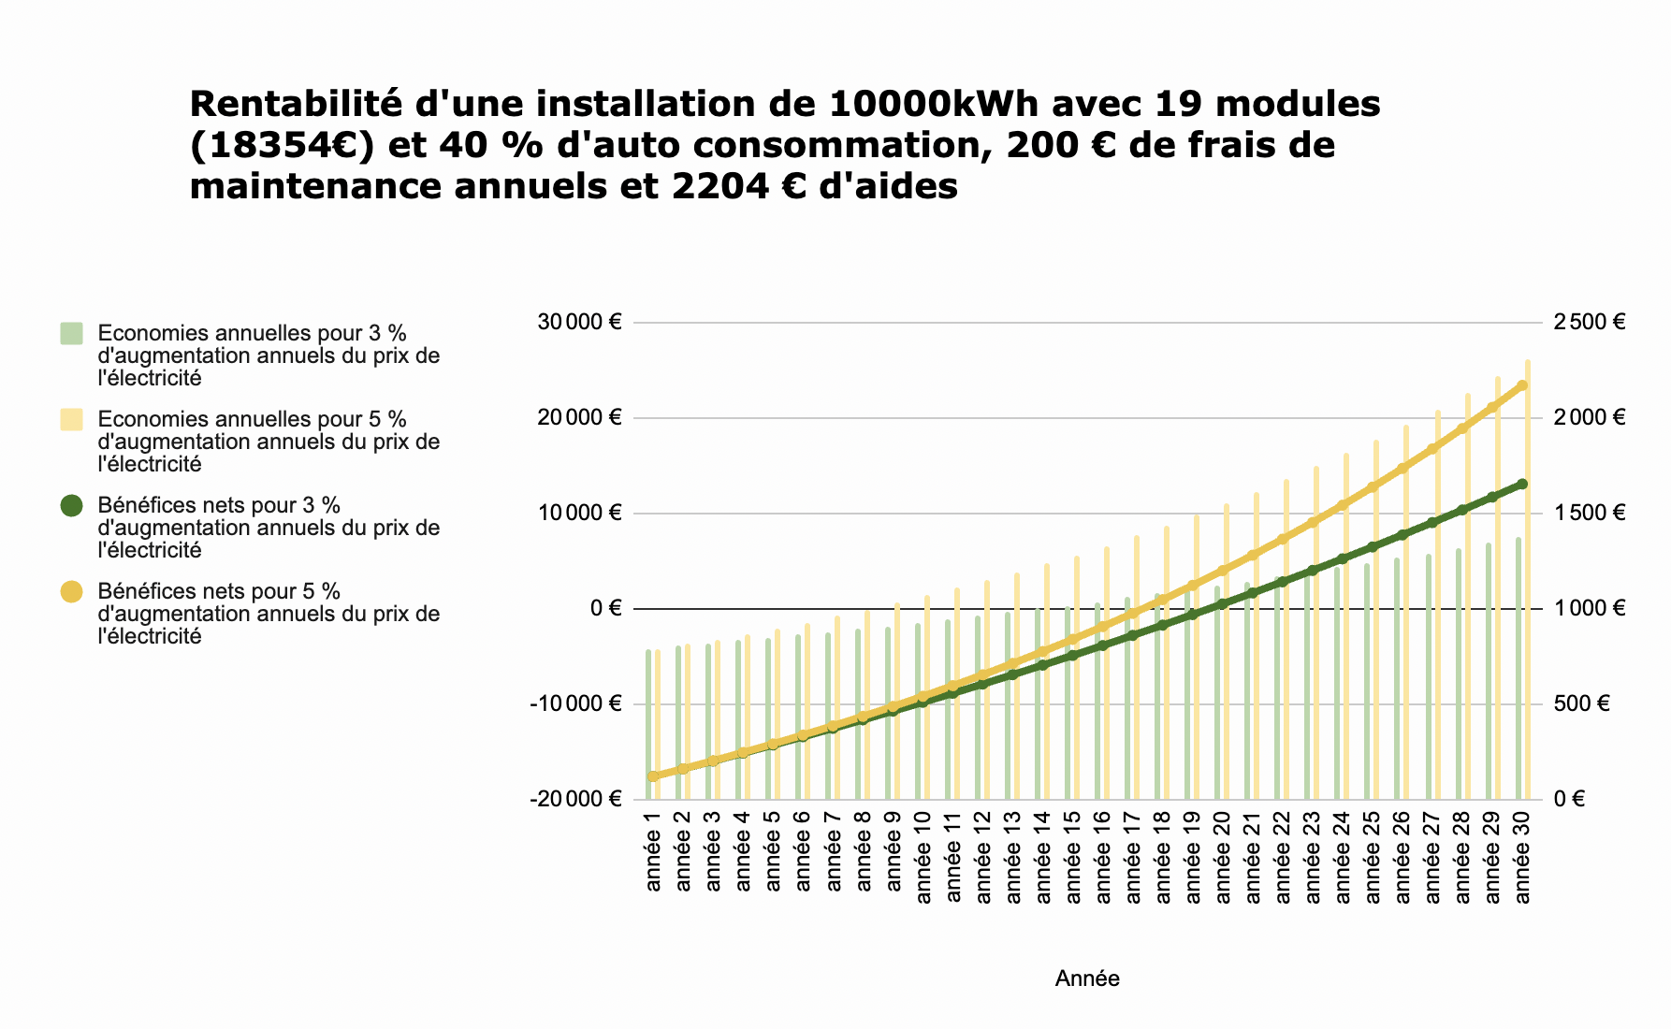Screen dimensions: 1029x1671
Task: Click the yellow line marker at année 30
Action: click(x=1522, y=385)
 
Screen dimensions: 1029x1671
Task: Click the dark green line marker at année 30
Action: click(x=1522, y=484)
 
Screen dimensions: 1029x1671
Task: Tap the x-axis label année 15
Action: click(x=1073, y=859)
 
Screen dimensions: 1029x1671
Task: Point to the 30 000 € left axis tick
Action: click(x=579, y=323)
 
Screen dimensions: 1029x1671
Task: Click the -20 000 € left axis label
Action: click(x=575, y=800)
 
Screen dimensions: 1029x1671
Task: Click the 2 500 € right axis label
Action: click(x=1590, y=323)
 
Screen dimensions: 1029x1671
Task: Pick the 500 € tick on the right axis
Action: click(x=1581, y=704)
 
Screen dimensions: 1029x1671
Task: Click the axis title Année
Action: click(x=1087, y=979)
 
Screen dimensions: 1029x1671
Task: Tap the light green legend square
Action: click(x=71, y=334)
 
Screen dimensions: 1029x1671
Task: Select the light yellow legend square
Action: click(x=71, y=420)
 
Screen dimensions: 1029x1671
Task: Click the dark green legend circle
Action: click(x=71, y=506)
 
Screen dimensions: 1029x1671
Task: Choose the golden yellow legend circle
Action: click(x=71, y=592)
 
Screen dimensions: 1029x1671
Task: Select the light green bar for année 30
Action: click(x=1518, y=674)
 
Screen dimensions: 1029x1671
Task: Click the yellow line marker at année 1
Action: click(x=653, y=776)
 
